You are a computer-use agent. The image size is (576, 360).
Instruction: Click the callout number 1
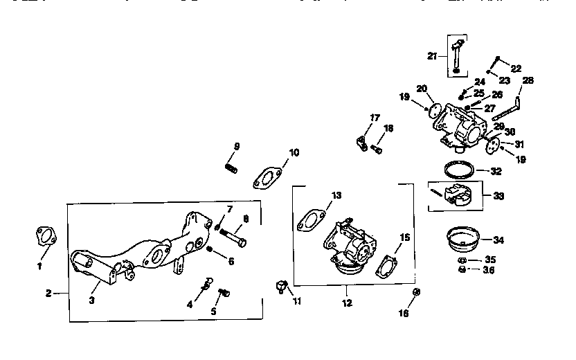(x=39, y=265)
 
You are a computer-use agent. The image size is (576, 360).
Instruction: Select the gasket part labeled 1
(x=46, y=236)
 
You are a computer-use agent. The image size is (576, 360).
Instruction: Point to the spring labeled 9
(x=232, y=167)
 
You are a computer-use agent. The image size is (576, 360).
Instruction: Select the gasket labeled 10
(x=267, y=177)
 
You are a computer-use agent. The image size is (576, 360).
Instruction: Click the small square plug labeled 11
(x=281, y=285)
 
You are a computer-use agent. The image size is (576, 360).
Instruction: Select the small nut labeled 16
(x=416, y=293)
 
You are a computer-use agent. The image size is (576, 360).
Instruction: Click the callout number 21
(x=433, y=55)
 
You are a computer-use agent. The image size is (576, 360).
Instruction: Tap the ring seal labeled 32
(x=458, y=168)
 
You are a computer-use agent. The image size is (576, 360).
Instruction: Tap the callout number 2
(x=48, y=294)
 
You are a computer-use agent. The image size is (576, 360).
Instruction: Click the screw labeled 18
(x=377, y=147)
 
